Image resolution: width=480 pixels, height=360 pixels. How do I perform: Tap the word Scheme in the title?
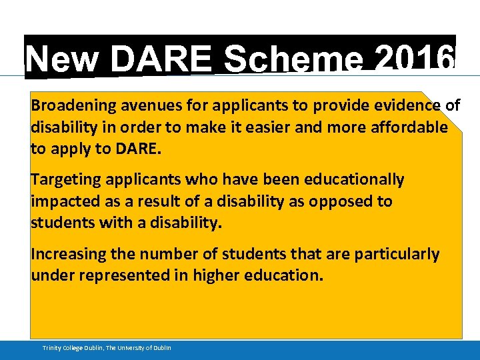[293, 60]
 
